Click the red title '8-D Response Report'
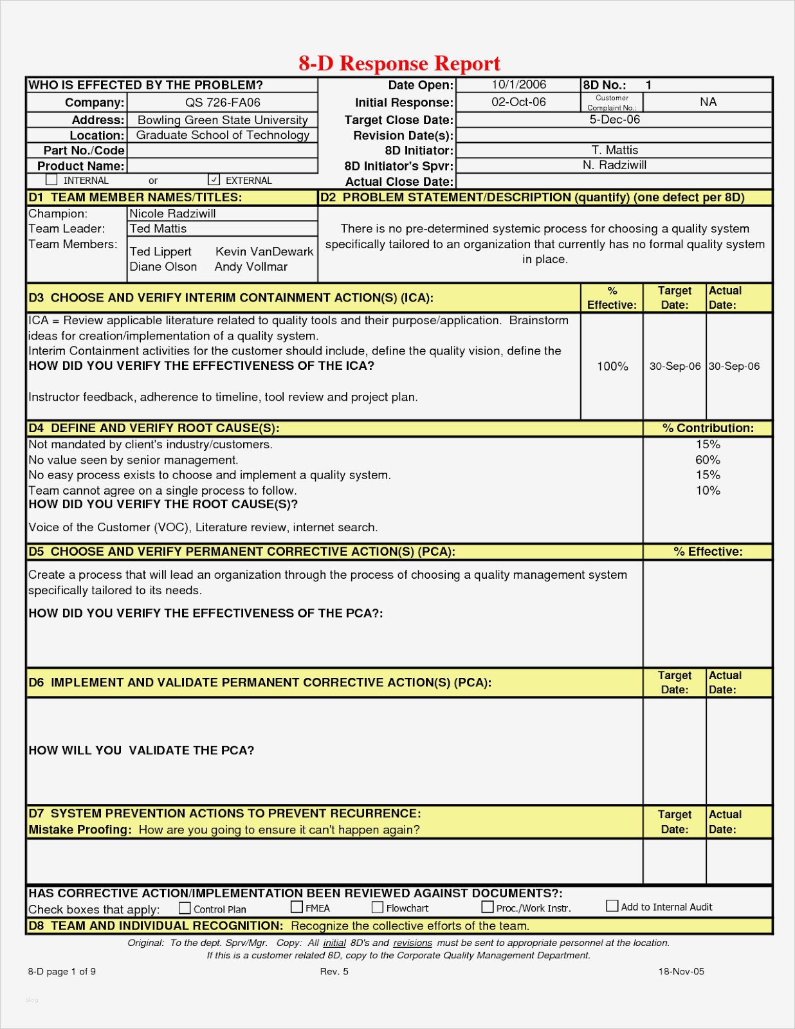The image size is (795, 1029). pyautogui.click(x=399, y=63)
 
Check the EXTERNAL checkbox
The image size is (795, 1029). pyautogui.click(x=215, y=180)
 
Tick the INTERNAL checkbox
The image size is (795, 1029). pyautogui.click(x=52, y=180)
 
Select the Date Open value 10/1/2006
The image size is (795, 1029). pyautogui.click(x=518, y=85)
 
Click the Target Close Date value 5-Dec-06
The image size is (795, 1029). pyautogui.click(x=614, y=120)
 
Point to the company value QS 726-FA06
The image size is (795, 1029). pyautogui.click(x=223, y=102)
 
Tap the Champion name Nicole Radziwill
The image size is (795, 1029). pyautogui.click(x=172, y=214)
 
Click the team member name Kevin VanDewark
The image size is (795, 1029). pyautogui.click(x=264, y=251)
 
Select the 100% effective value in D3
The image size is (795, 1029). pyautogui.click(x=612, y=367)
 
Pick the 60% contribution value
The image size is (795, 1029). pyautogui.click(x=708, y=460)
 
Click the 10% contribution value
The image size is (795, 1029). pyautogui.click(x=708, y=491)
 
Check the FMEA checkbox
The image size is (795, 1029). pyautogui.click(x=297, y=907)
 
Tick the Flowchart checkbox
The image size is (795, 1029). pyautogui.click(x=378, y=907)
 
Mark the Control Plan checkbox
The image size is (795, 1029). pyautogui.click(x=185, y=908)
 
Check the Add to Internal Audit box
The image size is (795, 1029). pyautogui.click(x=612, y=906)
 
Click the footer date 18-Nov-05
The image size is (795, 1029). pyautogui.click(x=681, y=971)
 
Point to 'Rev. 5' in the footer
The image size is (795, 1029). pyautogui.click(x=334, y=971)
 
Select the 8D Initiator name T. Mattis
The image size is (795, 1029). pyautogui.click(x=614, y=150)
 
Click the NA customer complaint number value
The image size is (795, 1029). pyautogui.click(x=708, y=102)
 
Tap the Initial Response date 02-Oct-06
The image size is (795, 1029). pyautogui.click(x=518, y=102)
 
